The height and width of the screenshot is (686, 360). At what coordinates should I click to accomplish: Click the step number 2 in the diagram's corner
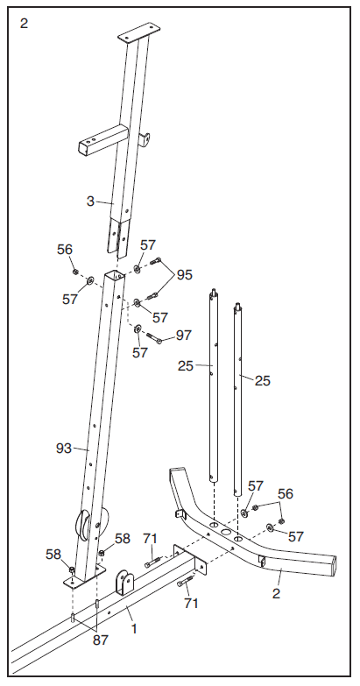(x=24, y=24)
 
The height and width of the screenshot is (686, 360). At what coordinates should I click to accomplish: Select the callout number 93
(x=65, y=448)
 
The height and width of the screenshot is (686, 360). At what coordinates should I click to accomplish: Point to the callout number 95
(x=184, y=275)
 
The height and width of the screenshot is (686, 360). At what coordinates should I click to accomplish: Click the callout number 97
(x=184, y=336)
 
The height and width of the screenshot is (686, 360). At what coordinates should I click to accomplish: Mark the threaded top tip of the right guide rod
(x=236, y=306)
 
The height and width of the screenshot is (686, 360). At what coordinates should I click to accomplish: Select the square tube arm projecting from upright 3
(x=96, y=144)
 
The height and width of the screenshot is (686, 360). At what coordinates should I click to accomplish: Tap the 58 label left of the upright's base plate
(x=53, y=554)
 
